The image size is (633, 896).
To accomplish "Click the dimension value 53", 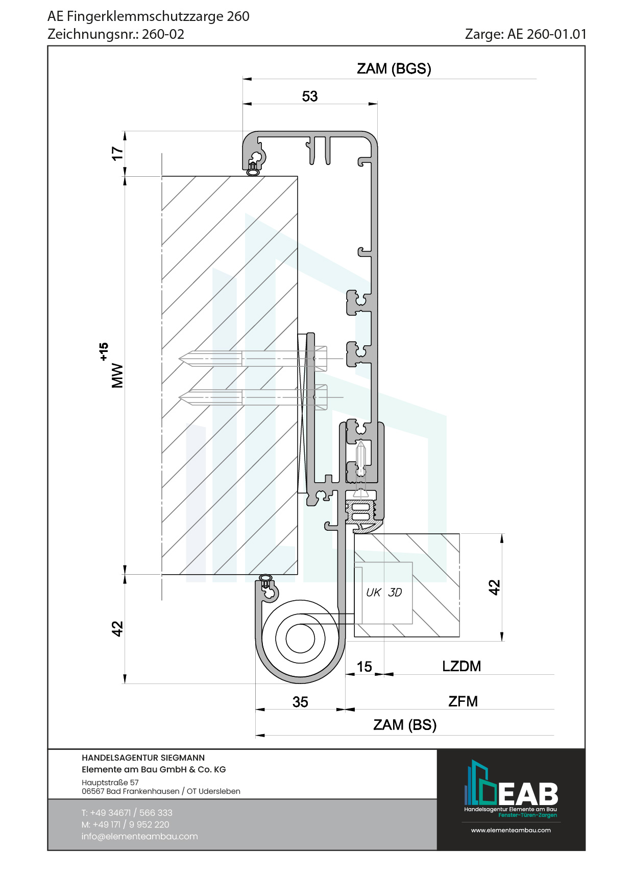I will coord(310,96).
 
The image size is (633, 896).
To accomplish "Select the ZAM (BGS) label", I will coord(394,68).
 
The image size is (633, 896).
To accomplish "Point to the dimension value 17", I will coord(117,153).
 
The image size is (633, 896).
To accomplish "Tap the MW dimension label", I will coord(117,375).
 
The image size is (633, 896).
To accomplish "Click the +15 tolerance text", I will coord(104,351).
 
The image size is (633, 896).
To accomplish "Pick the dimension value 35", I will coord(300,702).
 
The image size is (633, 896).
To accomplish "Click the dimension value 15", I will coord(364,667).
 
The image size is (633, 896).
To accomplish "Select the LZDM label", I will coord(461,666).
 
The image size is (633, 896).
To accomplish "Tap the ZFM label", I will coord(463,701).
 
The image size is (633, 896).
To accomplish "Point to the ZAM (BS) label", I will coord(405,725).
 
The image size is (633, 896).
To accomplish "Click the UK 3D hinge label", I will coord(384,593).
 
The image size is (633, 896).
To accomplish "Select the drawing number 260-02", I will coord(163,34).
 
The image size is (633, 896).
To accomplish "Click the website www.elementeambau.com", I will coord(510,830).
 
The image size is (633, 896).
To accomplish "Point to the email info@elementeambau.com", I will coord(139,836).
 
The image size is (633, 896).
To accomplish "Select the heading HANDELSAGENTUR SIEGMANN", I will coord(143,758).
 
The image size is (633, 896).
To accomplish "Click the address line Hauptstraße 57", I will coord(110,782).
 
